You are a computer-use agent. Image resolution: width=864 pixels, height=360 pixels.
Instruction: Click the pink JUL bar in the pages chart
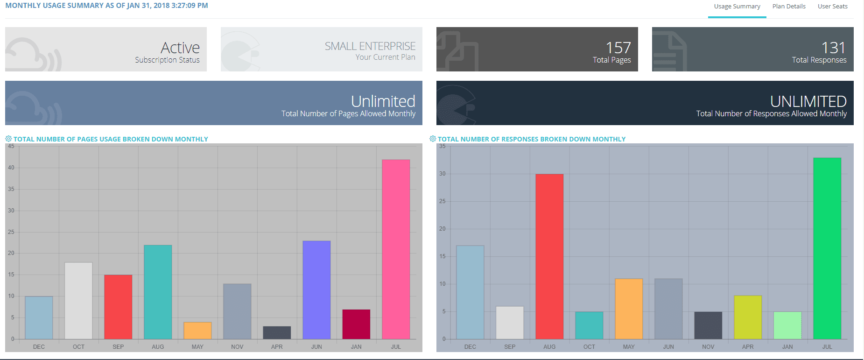click(396, 249)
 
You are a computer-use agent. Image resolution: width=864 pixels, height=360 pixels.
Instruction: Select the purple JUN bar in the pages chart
click(316, 290)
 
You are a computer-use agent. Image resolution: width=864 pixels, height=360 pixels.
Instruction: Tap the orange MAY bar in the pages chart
click(197, 331)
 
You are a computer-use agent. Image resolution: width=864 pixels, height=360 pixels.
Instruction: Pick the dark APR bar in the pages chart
click(277, 332)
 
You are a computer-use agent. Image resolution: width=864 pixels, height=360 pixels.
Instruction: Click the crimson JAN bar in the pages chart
click(356, 324)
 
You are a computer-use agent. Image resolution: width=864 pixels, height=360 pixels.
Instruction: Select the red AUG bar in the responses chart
click(549, 256)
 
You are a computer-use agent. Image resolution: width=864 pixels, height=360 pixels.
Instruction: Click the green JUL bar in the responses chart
click(827, 248)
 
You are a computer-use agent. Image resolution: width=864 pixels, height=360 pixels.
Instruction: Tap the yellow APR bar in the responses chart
click(748, 317)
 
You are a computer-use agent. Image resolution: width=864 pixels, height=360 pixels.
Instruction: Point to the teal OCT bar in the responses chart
click(589, 325)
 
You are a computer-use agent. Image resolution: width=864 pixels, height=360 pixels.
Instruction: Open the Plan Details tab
click(789, 7)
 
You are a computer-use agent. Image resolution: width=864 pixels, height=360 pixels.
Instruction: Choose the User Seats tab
click(832, 7)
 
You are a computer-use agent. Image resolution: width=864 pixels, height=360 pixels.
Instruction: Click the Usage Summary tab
click(737, 7)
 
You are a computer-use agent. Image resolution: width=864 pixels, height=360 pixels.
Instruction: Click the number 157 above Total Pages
click(618, 48)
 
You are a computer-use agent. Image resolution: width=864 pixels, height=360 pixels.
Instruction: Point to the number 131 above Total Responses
click(834, 48)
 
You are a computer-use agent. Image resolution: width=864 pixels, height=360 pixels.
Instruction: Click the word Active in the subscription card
click(180, 48)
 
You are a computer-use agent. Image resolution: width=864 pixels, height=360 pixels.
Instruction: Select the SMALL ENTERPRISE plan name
click(370, 46)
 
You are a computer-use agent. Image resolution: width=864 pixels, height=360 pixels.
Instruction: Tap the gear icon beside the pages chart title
click(8, 139)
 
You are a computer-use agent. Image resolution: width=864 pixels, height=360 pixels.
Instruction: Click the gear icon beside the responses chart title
click(433, 139)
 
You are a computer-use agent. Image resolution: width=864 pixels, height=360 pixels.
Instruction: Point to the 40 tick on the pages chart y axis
click(11, 168)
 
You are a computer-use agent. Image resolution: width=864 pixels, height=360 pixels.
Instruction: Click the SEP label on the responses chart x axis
click(510, 347)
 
